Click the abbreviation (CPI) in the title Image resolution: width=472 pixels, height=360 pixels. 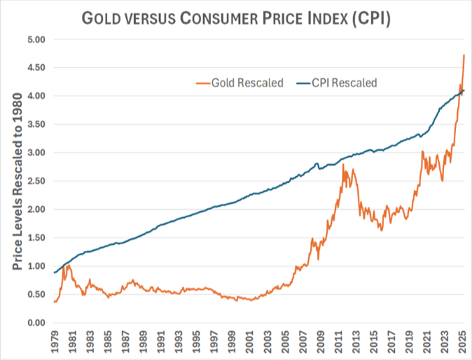371,18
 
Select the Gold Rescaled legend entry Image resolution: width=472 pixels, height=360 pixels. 239,82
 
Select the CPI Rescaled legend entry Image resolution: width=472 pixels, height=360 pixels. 337,82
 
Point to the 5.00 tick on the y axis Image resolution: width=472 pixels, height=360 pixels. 36,40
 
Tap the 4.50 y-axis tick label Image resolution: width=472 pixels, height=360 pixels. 36,68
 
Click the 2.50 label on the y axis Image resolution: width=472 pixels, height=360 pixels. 36,181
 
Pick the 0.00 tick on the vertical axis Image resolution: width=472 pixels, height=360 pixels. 36,323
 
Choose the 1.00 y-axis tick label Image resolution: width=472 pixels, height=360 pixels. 36,266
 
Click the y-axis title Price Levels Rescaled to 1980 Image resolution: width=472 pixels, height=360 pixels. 17,182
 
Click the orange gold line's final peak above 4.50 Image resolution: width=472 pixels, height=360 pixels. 464,55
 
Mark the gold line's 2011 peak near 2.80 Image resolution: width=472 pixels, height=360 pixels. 343,164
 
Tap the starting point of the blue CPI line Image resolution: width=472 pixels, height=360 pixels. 54,273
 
